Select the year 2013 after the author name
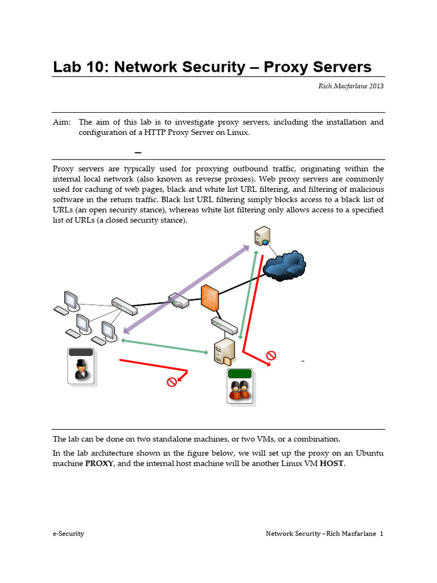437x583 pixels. coord(374,86)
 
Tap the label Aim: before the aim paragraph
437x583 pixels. coord(62,122)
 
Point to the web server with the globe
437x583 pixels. coord(262,236)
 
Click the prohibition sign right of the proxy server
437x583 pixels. coord(271,356)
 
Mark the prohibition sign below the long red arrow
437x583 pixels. coord(171,381)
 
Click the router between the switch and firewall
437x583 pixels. coord(178,301)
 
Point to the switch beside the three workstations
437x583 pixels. coord(124,307)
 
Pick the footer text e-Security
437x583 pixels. coord(68,533)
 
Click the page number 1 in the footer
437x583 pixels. coord(381,533)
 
